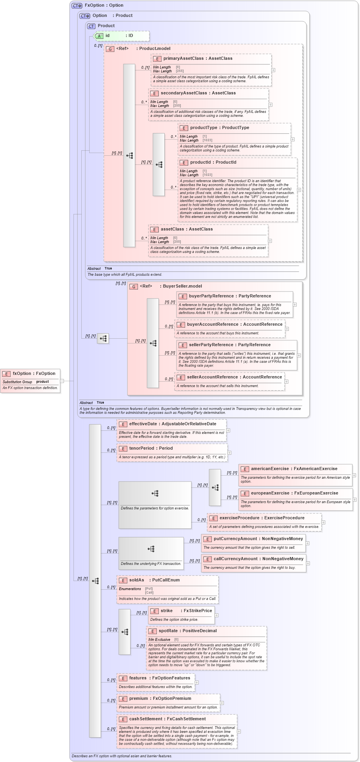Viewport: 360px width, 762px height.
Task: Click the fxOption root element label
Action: (x=22, y=373)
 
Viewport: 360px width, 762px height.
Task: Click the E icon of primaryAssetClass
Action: (x=157, y=59)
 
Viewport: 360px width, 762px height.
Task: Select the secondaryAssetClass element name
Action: (x=184, y=93)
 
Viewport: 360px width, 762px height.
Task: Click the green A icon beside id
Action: (x=99, y=36)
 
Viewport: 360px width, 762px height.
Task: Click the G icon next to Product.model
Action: (x=110, y=49)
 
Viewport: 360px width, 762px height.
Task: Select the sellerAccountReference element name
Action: (x=212, y=377)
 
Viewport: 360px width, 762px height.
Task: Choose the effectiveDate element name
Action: (x=143, y=424)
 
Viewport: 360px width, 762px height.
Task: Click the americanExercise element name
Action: (x=270, y=469)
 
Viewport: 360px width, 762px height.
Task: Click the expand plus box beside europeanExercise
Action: (x=354, y=500)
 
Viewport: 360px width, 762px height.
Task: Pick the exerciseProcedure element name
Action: (x=239, y=518)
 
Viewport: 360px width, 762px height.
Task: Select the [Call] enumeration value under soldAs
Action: (x=149, y=592)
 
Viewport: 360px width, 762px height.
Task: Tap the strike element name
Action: (x=167, y=611)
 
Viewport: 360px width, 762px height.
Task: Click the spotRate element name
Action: (x=168, y=631)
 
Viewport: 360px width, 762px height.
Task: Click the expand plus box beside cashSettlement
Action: (x=239, y=731)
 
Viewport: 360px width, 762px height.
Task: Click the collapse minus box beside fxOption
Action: (x=62, y=381)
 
